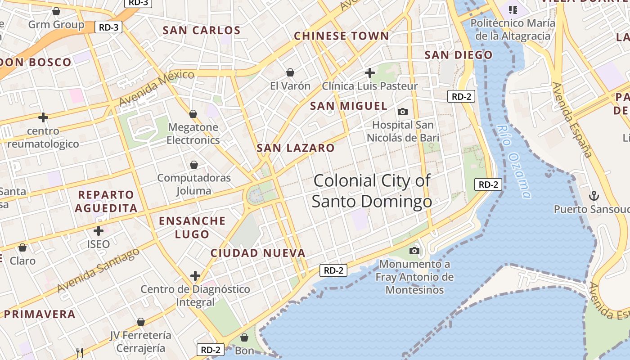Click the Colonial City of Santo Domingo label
(372, 191)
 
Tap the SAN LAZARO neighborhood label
(296, 148)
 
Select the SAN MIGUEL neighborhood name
(349, 106)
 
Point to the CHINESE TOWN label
(342, 36)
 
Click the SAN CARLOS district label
(202, 31)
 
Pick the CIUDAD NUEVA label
(258, 253)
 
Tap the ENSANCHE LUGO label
(192, 227)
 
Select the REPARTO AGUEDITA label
(106, 201)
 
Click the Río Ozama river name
(514, 161)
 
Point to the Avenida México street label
(157, 88)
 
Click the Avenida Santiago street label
(99, 270)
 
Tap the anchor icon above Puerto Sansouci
(594, 196)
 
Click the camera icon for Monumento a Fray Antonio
(414, 251)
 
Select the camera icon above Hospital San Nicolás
(403, 112)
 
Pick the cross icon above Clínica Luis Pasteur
(370, 72)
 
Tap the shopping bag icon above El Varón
(290, 72)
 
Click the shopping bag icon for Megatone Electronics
(193, 114)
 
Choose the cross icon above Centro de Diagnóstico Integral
(195, 275)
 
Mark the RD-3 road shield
(109, 27)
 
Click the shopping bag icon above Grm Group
(56, 11)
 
